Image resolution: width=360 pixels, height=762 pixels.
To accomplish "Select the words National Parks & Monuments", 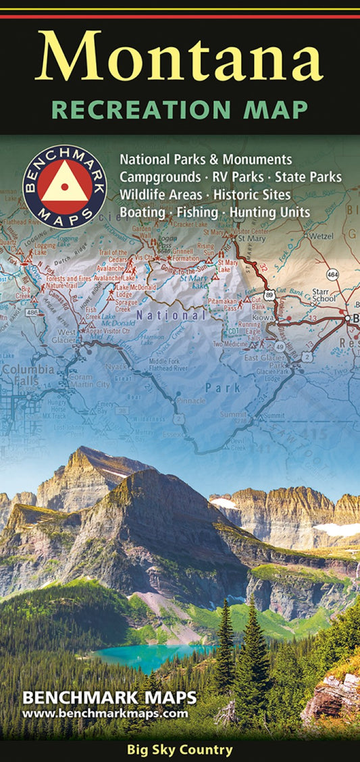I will point(206,159).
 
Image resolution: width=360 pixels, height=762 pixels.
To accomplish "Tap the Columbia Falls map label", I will point(28,375).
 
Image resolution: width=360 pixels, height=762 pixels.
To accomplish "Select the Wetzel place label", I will point(321,236).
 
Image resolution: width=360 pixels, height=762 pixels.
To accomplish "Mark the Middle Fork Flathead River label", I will point(164,366).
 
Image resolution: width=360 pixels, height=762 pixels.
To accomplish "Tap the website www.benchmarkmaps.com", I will point(105,713).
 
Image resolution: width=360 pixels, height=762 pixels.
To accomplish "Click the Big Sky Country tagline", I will point(180,750).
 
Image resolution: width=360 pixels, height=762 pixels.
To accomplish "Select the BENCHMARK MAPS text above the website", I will point(110,698).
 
